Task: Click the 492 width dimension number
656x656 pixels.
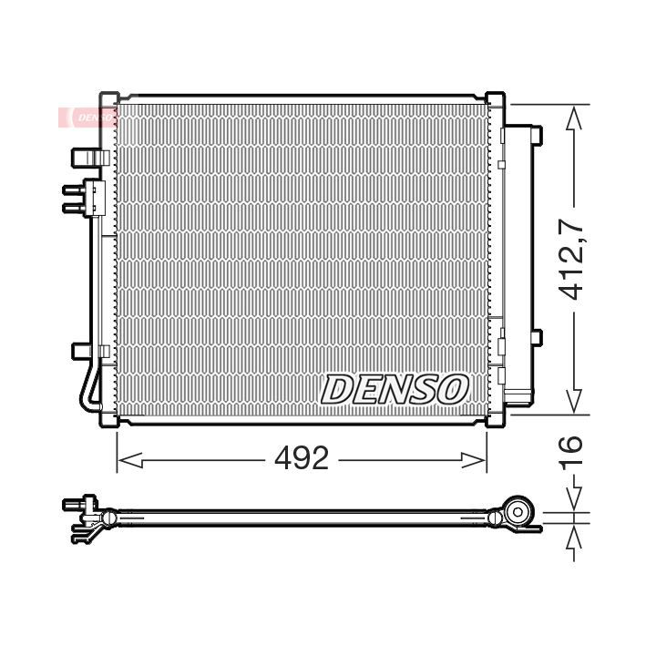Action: pos(302,457)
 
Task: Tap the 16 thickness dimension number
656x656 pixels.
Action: pos(571,451)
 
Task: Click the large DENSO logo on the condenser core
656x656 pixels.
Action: pos(395,389)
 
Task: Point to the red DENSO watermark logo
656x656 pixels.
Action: pos(88,117)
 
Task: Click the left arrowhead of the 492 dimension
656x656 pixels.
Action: pos(130,460)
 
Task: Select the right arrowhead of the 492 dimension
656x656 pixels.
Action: pos(474,460)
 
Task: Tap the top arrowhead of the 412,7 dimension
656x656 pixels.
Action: pos(574,118)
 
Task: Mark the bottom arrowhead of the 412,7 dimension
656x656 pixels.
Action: pos(574,401)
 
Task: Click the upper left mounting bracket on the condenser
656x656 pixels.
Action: pos(90,158)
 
